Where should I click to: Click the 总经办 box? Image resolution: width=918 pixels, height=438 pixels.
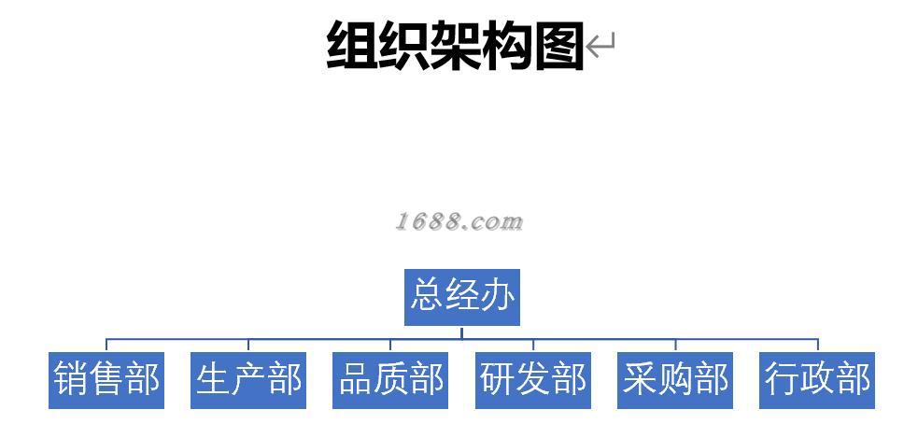click(x=461, y=297)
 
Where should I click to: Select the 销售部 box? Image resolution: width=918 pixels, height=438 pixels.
click(x=106, y=380)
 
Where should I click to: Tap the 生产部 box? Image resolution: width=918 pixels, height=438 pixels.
click(x=248, y=380)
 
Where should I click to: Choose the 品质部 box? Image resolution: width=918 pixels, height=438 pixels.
click(x=390, y=380)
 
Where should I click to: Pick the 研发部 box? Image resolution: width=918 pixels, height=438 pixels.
click(x=533, y=380)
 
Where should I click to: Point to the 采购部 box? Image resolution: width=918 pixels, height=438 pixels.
click(x=675, y=380)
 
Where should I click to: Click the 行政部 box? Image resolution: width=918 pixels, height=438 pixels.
click(x=817, y=380)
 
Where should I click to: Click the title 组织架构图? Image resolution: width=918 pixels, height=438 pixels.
click(x=455, y=45)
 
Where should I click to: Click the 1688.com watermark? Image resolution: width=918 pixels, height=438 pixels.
click(x=458, y=222)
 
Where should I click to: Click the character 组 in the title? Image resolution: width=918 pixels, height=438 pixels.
click(x=352, y=45)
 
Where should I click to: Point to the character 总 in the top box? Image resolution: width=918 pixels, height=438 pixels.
click(x=428, y=297)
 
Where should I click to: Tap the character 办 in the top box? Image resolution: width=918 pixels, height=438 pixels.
click(x=497, y=297)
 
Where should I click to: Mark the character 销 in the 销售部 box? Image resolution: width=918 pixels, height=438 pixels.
click(x=71, y=380)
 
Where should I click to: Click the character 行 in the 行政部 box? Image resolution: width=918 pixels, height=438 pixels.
click(x=782, y=380)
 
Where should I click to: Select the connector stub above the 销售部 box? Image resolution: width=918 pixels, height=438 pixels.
click(x=106, y=346)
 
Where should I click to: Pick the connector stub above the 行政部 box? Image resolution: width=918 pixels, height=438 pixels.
click(x=818, y=346)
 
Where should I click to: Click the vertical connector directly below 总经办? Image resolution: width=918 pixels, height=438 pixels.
click(x=461, y=332)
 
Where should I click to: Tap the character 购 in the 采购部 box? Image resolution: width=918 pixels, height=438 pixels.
click(x=675, y=380)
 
